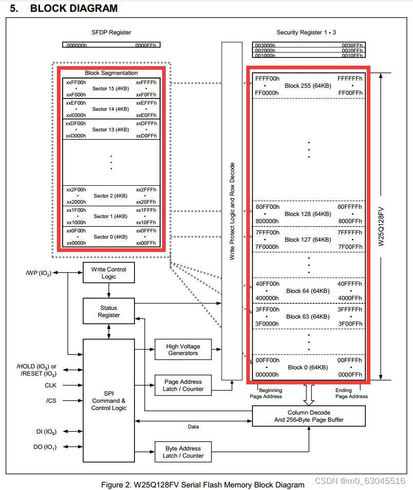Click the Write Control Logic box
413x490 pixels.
click(108, 273)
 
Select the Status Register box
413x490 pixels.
click(108, 311)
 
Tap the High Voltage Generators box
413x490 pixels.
click(183, 349)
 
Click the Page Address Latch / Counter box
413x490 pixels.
click(184, 385)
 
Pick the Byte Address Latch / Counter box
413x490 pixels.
click(183, 452)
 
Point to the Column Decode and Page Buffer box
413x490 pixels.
click(308, 416)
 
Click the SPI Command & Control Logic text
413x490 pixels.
click(108, 401)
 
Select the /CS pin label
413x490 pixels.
click(51, 401)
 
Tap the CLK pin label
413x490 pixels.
click(51, 385)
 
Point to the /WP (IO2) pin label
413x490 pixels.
click(38, 273)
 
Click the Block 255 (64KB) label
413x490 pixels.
click(307, 85)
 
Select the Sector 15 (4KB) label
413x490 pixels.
click(110, 88)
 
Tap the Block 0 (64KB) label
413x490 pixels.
click(307, 367)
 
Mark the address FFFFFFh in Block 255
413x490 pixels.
click(350, 79)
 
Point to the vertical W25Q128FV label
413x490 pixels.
click(381, 226)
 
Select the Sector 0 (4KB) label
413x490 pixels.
click(110, 237)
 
